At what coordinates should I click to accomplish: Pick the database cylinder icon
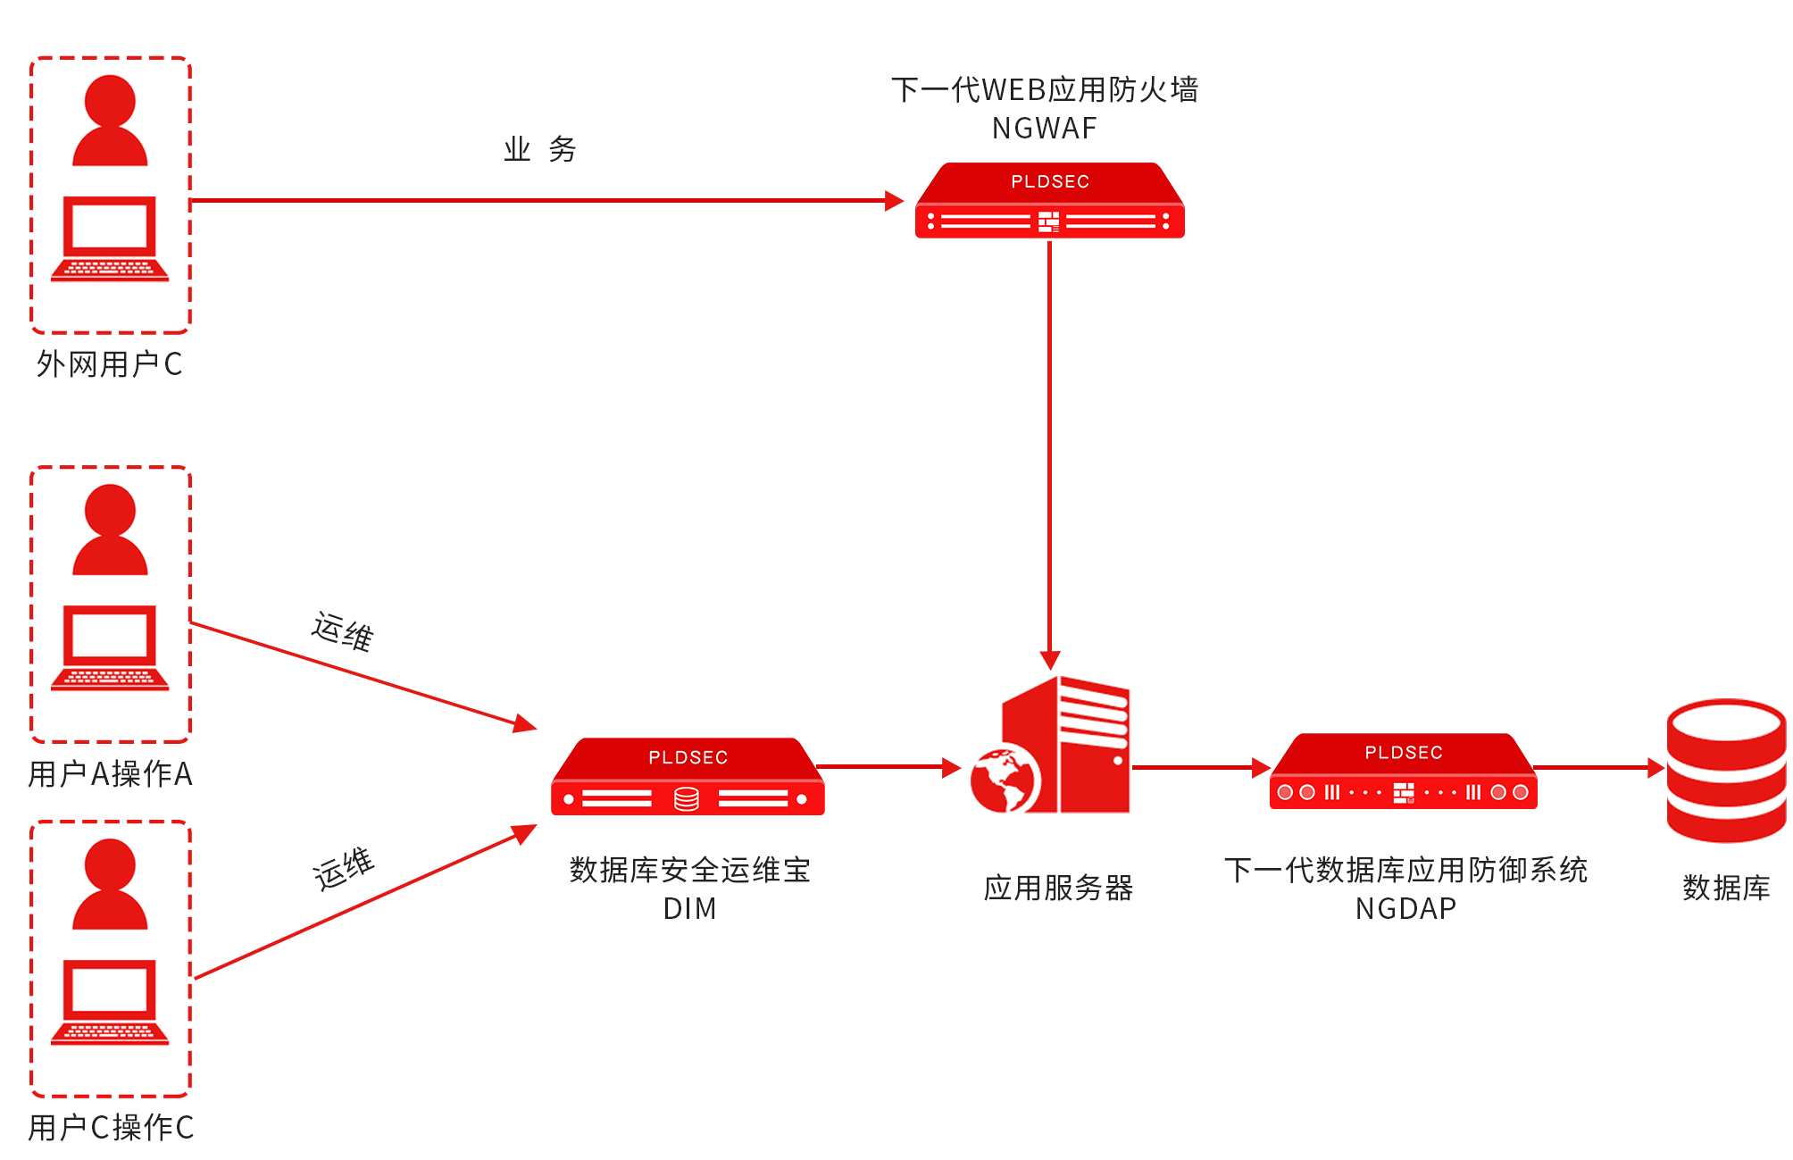coord(1725,770)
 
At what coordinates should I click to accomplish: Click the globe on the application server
coord(1005,780)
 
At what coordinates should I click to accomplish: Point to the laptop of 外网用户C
coord(110,238)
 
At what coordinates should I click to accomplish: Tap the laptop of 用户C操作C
coord(110,1002)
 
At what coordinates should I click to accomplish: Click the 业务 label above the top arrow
coord(540,149)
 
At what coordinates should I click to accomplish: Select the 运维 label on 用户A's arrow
coord(342,631)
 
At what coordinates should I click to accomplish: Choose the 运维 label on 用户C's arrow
coord(343,869)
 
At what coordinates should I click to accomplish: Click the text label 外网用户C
coord(109,364)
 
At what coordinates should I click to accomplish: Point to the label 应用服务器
coord(1058,888)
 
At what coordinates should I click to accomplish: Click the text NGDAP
coord(1405,908)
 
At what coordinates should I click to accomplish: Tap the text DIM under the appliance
coord(689,908)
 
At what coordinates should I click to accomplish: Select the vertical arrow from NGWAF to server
coord(1050,446)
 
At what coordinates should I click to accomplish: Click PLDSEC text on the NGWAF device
coord(1050,181)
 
